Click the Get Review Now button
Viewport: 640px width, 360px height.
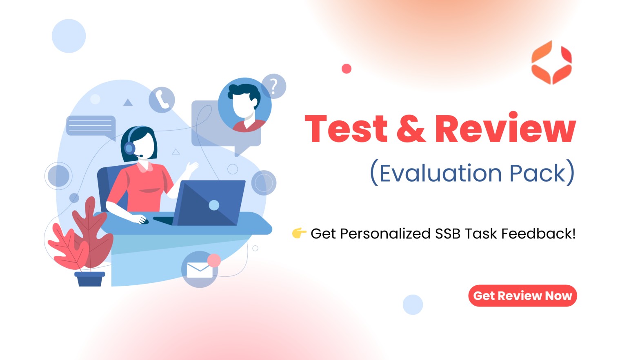coord(522,296)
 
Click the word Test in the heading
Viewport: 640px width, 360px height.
coord(346,128)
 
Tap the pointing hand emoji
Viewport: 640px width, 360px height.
coord(299,233)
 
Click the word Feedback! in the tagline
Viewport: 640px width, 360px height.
coord(538,233)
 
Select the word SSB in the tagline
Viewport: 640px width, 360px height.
coord(447,234)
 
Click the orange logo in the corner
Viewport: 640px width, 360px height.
coord(551,62)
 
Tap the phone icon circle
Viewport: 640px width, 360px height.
coord(162,100)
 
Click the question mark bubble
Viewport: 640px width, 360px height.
coord(274,86)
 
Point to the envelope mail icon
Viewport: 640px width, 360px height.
coord(200,270)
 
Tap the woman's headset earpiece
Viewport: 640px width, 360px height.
coord(129,148)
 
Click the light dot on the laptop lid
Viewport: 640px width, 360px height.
coord(214,205)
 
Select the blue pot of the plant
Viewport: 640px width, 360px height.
coord(90,279)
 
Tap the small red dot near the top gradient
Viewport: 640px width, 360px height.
coord(346,69)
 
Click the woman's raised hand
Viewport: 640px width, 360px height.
coord(192,167)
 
